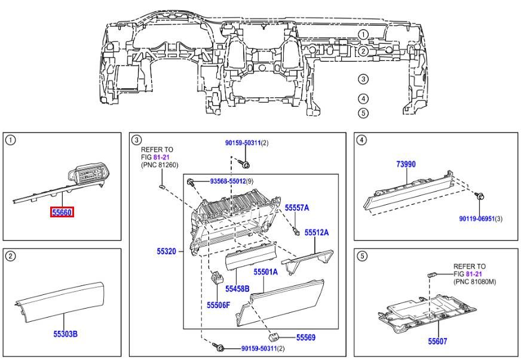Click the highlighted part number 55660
(62, 212)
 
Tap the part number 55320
(166, 251)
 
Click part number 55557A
(296, 208)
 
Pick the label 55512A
(317, 232)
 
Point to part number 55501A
(266, 272)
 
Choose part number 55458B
(237, 288)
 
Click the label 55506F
(219, 304)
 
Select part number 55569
(305, 337)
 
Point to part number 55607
(437, 341)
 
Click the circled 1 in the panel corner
(10, 140)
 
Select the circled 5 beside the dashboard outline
(363, 112)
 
